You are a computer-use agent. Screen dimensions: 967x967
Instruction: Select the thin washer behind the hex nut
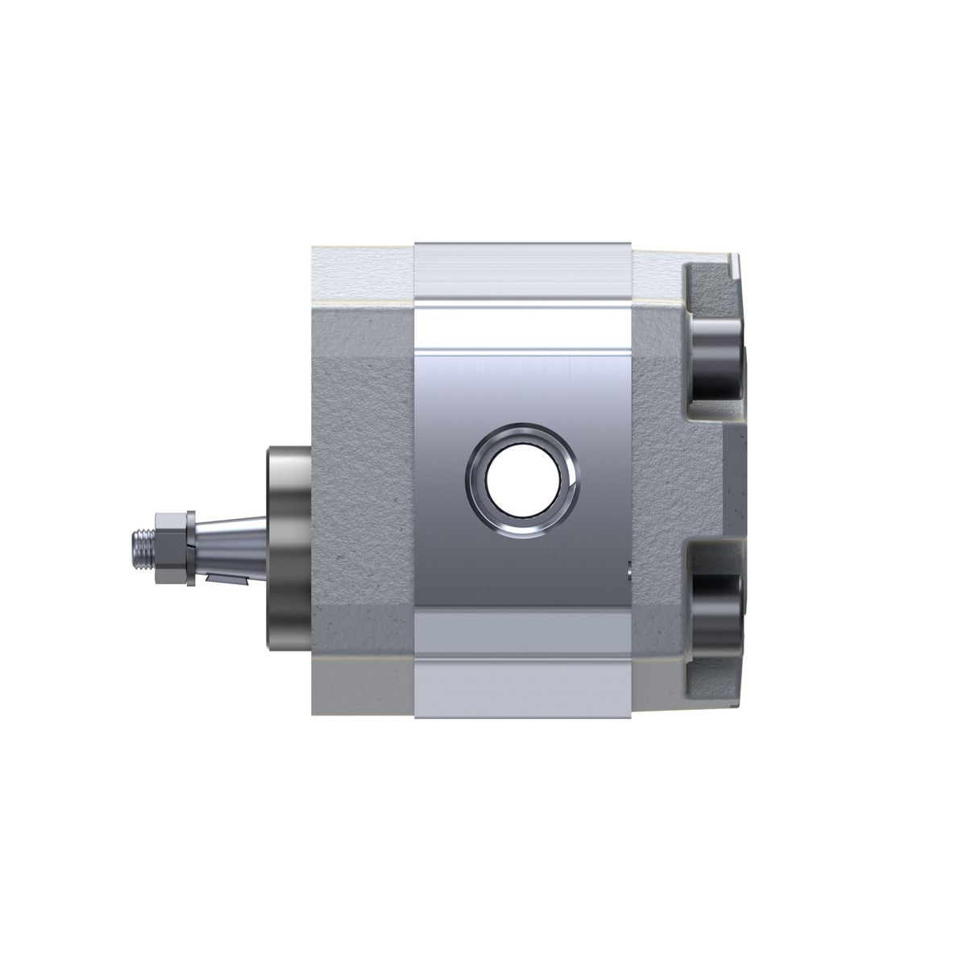[189, 546]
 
